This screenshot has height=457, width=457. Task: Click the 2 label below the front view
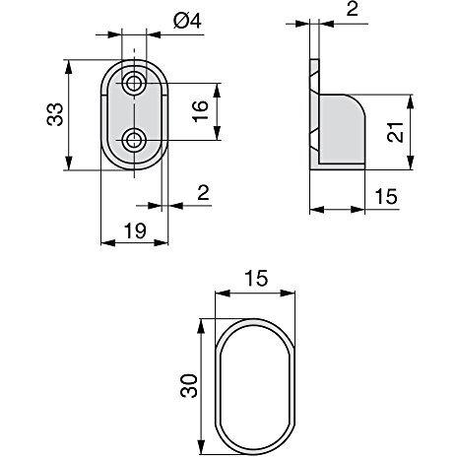[203, 193]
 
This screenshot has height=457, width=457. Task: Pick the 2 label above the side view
[352, 11]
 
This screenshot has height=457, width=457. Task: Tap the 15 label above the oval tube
[255, 279]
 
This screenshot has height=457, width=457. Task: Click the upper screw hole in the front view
[134, 81]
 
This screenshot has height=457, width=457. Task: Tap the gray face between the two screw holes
[134, 110]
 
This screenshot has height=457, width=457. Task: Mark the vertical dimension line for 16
[216, 109]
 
